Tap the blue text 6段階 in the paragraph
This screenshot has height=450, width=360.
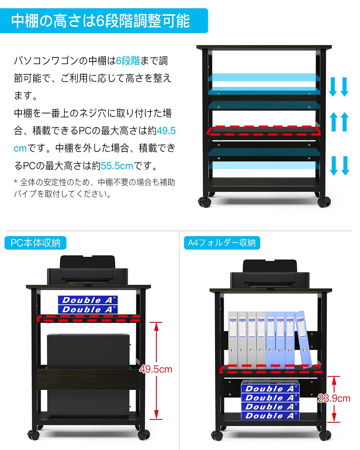(128, 61)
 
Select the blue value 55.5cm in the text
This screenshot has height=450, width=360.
(117, 166)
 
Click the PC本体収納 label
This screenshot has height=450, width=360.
(35, 243)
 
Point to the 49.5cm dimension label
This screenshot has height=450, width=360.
(156, 369)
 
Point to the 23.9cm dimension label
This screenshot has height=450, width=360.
(334, 398)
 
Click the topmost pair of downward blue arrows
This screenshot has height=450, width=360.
(339, 87)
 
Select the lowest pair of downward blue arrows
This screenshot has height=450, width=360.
(339, 166)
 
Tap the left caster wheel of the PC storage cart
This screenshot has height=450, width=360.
(34, 434)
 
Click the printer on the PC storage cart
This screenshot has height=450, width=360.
(87, 271)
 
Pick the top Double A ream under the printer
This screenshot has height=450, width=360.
(88, 300)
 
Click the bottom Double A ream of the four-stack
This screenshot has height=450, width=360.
(270, 416)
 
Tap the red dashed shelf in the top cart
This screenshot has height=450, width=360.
(264, 131)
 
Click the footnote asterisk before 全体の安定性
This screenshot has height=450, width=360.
(16, 182)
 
